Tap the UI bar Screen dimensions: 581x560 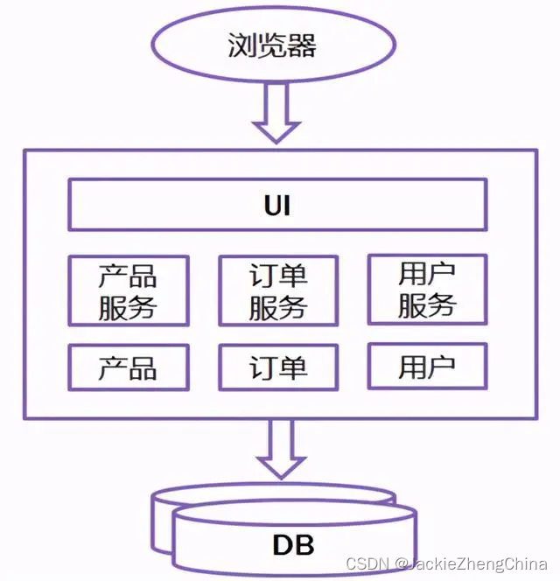tap(277, 206)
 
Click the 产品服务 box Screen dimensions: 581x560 tap(128, 290)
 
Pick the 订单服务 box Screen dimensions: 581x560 tap(277, 290)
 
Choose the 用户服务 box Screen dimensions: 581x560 tap(427, 290)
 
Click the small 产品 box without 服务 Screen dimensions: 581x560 tap(128, 367)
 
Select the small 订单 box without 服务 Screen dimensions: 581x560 tap(277, 367)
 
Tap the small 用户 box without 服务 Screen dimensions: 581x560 tap(427, 367)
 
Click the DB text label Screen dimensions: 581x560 tap(292, 545)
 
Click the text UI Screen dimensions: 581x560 tap(277, 206)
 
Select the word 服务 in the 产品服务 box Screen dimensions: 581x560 tap(128, 307)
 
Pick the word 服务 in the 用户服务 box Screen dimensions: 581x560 tap(427, 306)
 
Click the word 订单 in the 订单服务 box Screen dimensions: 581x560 tap(277, 275)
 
